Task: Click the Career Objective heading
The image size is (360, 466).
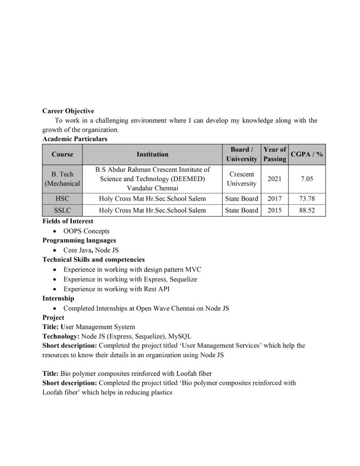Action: point(68,111)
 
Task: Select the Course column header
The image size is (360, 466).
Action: point(62,154)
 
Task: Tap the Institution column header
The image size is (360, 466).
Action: point(152,154)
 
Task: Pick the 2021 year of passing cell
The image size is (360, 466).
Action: point(274,179)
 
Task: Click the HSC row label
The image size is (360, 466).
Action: point(62,198)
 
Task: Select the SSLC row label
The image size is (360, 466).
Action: point(62,210)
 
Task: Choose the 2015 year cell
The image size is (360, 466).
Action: point(274,210)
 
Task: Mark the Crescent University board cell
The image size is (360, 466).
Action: point(242,179)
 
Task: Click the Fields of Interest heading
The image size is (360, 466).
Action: point(68,221)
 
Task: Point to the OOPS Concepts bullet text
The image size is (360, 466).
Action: point(86,231)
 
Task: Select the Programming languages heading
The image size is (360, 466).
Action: point(79,240)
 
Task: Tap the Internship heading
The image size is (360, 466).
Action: point(58,299)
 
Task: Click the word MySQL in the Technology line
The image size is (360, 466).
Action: point(180,336)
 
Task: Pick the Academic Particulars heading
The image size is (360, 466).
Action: point(75,139)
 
